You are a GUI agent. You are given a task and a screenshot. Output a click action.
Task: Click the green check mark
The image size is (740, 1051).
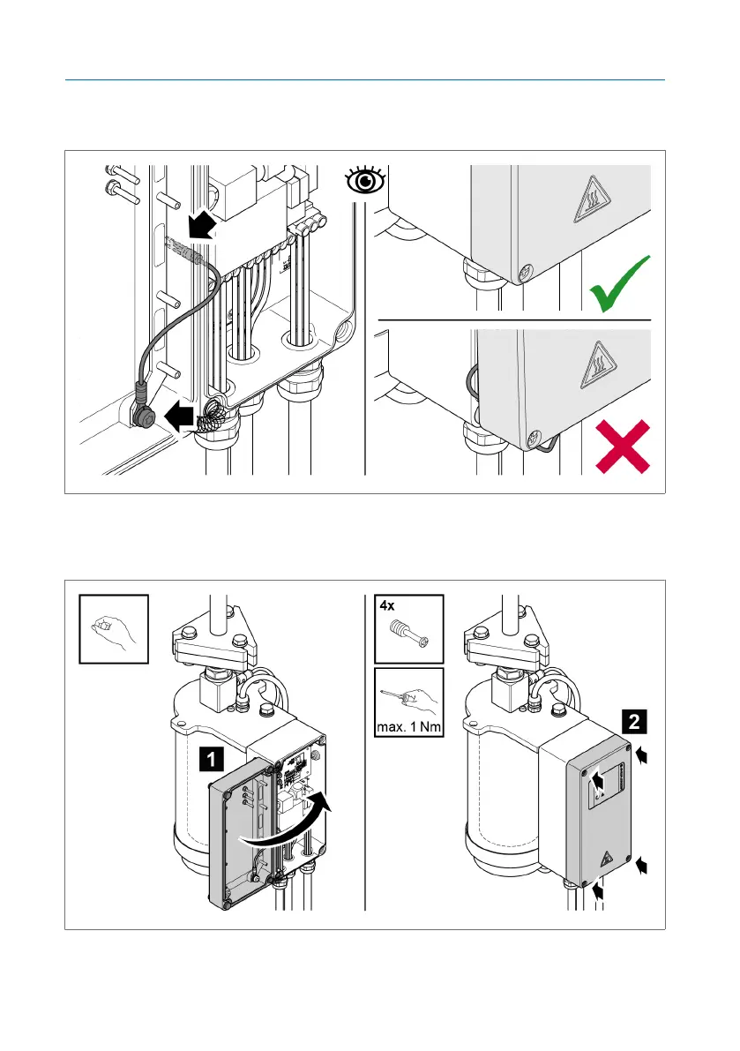[x=619, y=285]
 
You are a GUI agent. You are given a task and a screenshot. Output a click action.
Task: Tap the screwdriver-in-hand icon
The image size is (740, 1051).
[x=407, y=696]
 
